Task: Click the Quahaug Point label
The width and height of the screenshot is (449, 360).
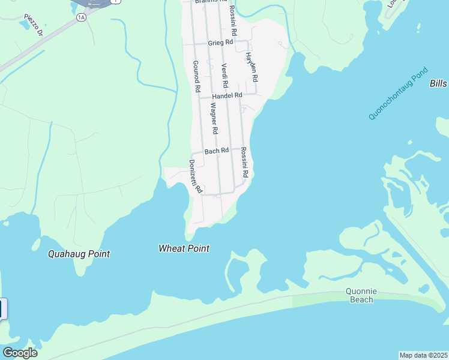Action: point(79,254)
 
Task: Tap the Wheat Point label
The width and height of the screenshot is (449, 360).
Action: point(184,248)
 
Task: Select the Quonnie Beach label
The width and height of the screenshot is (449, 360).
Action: point(360,295)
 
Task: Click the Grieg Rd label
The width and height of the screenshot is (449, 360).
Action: point(220,43)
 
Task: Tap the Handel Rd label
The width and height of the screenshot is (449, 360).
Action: point(228,95)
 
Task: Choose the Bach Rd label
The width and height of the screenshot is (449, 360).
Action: point(217,151)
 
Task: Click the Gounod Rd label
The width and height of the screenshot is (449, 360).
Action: point(196,76)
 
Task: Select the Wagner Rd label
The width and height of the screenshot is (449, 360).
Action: point(214,118)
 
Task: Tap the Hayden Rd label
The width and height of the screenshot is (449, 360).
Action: point(251,67)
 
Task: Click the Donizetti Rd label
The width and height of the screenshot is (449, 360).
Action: point(195,176)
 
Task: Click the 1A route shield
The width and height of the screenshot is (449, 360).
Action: point(81,17)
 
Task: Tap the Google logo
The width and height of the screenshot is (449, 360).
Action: point(19,353)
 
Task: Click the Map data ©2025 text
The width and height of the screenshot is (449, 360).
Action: point(424,355)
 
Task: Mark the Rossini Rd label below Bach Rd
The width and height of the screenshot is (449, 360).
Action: point(244,162)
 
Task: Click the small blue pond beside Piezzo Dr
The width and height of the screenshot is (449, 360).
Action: point(25,24)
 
